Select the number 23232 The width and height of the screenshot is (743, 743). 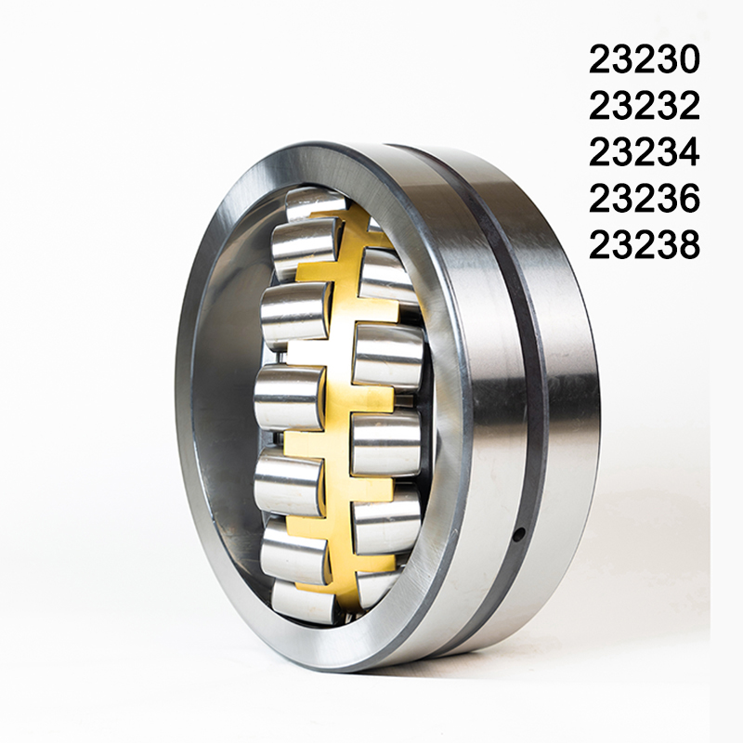pos(644,106)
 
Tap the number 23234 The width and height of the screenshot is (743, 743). pos(644,152)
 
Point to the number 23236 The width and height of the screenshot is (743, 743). pos(644,199)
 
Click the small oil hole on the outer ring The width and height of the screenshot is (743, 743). pos(520,533)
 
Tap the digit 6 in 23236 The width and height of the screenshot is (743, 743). pos(687,199)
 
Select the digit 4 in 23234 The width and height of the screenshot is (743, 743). pos(687,152)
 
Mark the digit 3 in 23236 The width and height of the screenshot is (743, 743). pos(665,199)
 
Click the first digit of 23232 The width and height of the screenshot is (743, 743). pos(600,106)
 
